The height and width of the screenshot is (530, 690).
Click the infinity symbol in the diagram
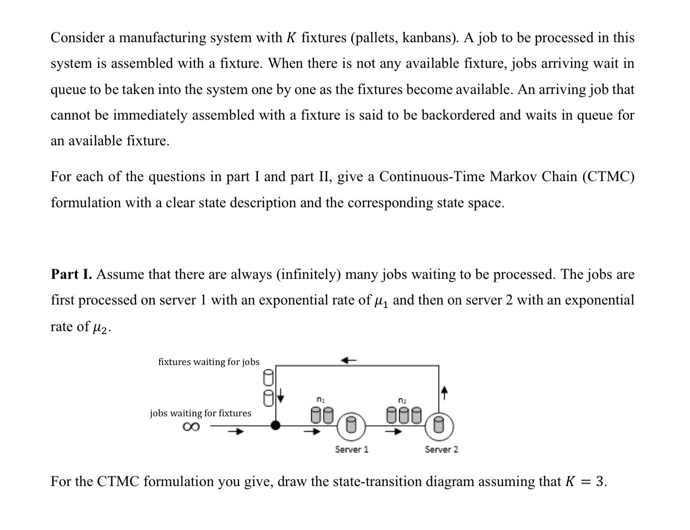191,427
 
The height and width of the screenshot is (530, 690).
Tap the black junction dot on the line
275,425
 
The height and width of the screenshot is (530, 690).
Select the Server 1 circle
352,425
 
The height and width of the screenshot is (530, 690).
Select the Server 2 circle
439,425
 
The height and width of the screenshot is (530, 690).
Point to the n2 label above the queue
402,400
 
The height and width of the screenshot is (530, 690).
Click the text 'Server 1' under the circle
352,450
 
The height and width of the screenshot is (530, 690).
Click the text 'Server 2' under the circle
441,450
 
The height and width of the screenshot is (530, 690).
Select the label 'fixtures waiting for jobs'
209,362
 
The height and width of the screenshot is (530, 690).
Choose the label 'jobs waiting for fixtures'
200,413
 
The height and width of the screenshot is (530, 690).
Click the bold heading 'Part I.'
71,274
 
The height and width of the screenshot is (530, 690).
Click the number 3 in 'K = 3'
600,482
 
